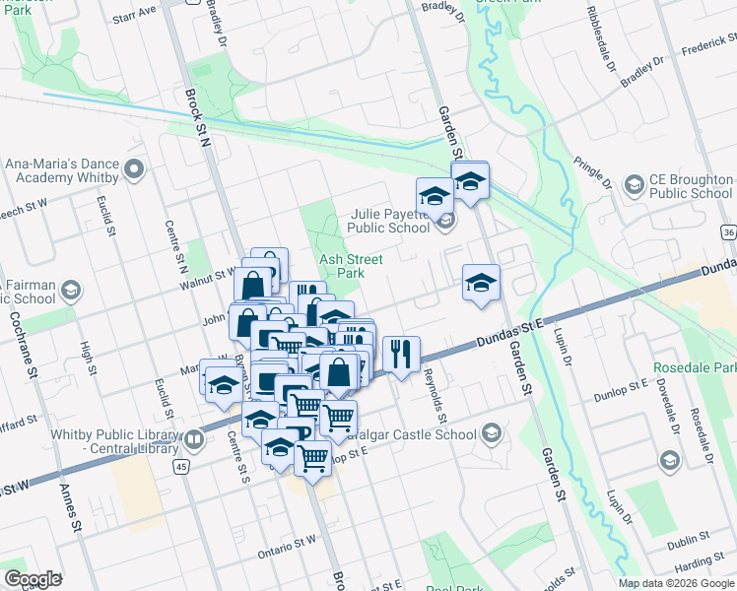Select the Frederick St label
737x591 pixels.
pyautogui.click(x=708, y=45)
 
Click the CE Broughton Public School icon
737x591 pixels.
pyautogui.click(x=634, y=184)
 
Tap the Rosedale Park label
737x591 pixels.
pyautogui.click(x=695, y=368)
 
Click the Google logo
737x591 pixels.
pyautogui.click(x=33, y=578)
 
